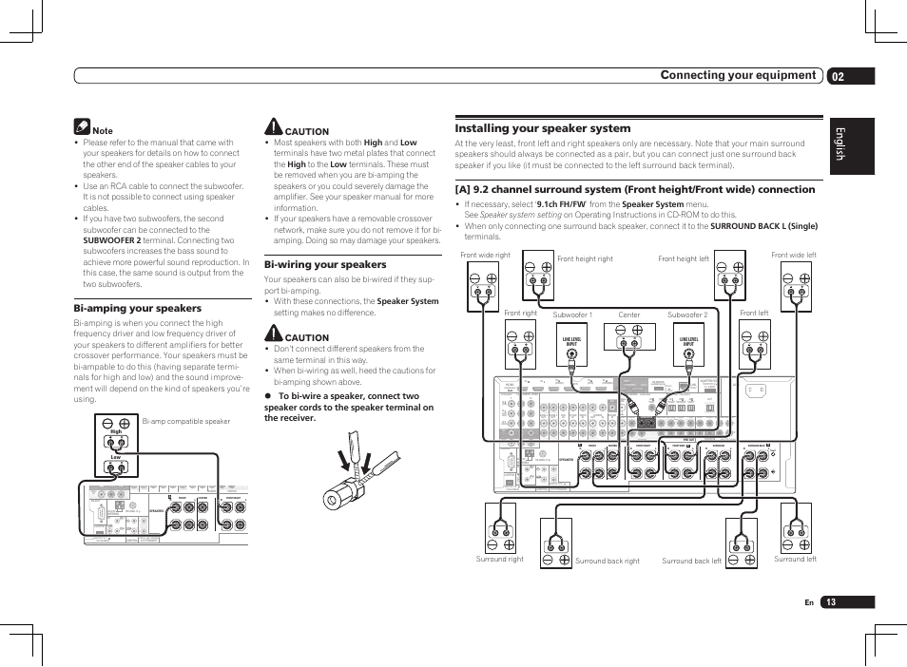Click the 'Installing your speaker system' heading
pyautogui.click(x=543, y=128)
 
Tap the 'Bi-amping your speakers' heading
pyautogui.click(x=138, y=308)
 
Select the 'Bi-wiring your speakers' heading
pyautogui.click(x=325, y=264)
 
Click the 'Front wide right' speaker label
pyautogui.click(x=485, y=256)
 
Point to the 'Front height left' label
pyautogui.click(x=684, y=258)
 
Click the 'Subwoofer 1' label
pyautogui.click(x=572, y=314)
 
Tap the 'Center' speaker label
pyautogui.click(x=629, y=314)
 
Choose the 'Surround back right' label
pyautogui.click(x=608, y=561)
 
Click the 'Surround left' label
pyautogui.click(x=796, y=560)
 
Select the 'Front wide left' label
pyautogui.click(x=794, y=256)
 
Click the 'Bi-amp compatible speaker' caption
pyautogui.click(x=186, y=421)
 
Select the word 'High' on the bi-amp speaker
pyautogui.click(x=116, y=431)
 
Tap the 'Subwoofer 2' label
pyautogui.click(x=686, y=314)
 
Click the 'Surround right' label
pyautogui.click(x=500, y=560)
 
